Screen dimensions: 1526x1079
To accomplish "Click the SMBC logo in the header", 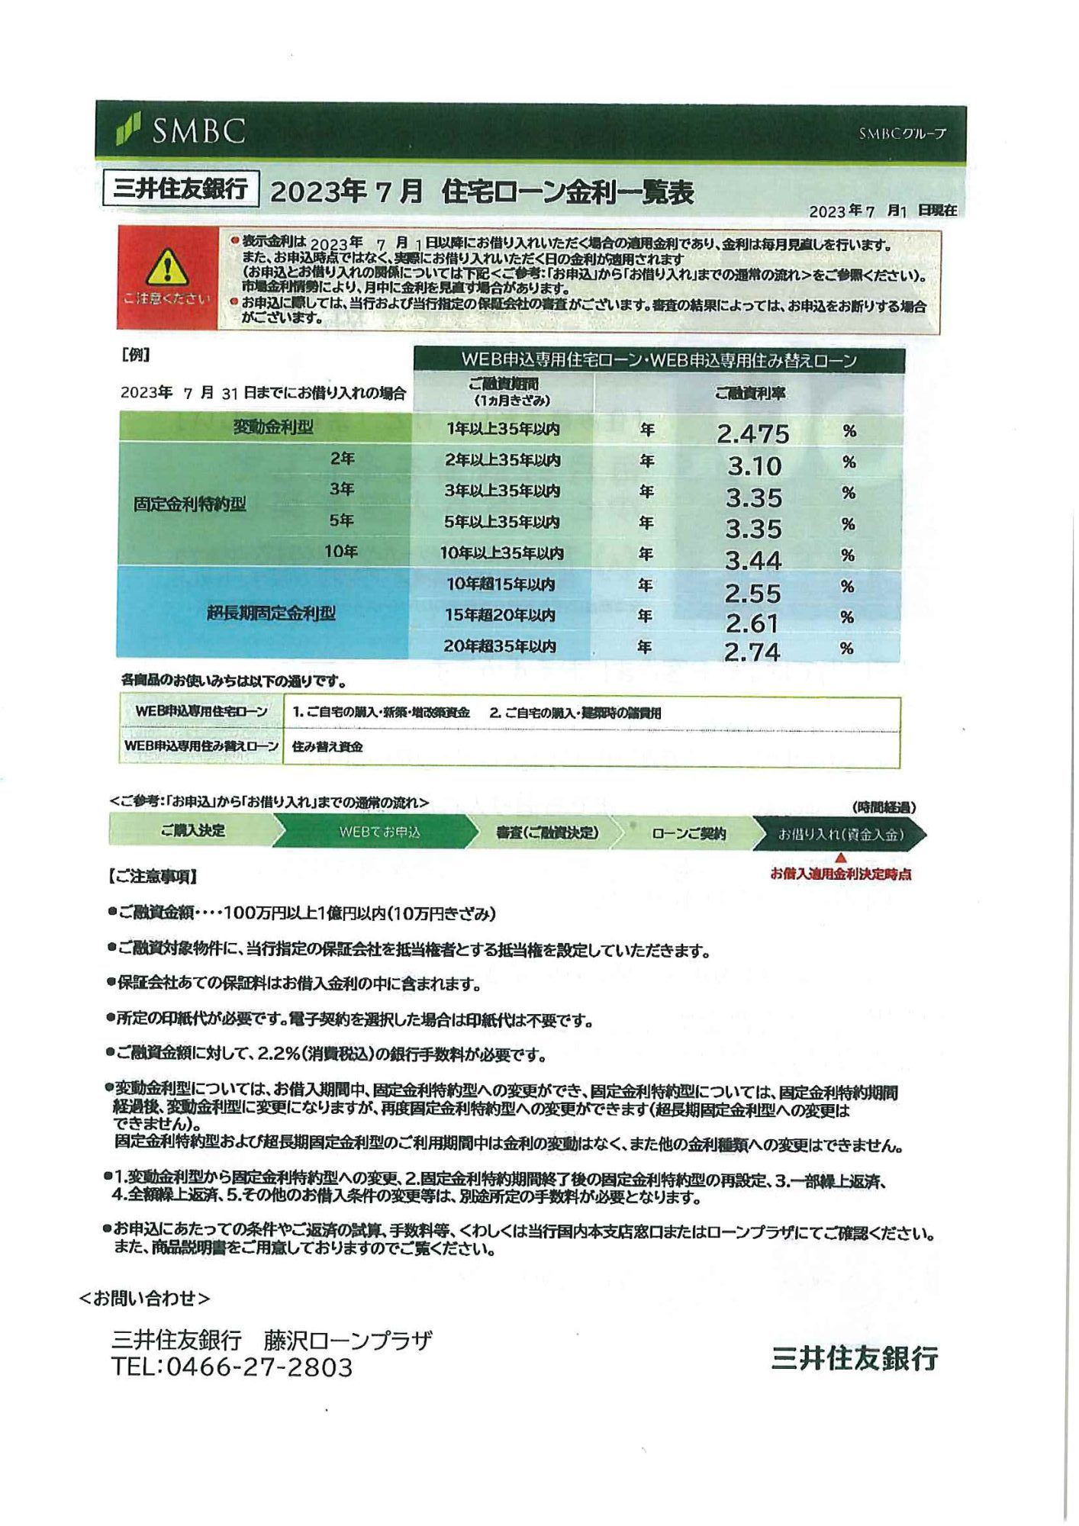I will (x=181, y=130).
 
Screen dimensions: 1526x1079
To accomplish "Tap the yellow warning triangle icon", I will (x=167, y=268).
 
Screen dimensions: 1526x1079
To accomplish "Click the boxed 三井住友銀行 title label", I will (x=181, y=188).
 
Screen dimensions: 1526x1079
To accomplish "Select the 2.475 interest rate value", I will (x=752, y=433).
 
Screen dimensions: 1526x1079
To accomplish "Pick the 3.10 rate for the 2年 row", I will (x=754, y=465).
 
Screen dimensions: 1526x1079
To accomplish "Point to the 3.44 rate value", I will (x=753, y=561).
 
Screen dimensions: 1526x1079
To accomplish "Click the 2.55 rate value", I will (x=752, y=593).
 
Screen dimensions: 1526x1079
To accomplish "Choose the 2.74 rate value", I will (x=752, y=652).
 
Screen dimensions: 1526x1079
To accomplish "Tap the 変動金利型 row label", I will (x=272, y=427).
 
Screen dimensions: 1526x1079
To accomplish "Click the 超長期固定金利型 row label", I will (x=271, y=613).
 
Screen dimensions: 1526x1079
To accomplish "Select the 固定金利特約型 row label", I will (x=190, y=504).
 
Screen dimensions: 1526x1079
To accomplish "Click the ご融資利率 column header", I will (x=749, y=394).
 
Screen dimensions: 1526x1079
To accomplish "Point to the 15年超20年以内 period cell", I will (x=500, y=615).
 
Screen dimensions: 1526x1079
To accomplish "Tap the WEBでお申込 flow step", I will (x=379, y=832).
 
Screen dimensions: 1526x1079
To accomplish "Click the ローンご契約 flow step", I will (x=688, y=833).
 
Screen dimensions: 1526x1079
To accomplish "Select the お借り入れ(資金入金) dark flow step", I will (x=840, y=834).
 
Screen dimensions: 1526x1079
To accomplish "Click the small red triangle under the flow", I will (x=841, y=858).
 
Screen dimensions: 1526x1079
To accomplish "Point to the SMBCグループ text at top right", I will (x=902, y=134).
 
